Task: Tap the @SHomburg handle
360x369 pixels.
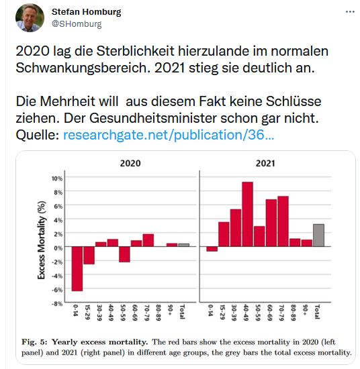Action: coord(77,24)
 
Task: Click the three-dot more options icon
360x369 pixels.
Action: coord(346,12)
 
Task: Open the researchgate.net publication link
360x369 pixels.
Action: coord(169,135)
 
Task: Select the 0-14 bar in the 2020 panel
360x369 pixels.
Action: coord(78,269)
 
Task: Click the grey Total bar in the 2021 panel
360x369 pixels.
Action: coord(319,235)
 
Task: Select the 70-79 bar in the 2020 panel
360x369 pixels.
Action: coord(148,240)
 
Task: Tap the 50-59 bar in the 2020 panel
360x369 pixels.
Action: coord(124,254)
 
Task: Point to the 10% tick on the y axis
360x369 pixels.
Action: coord(57,178)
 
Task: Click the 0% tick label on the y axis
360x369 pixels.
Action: coord(58,248)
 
